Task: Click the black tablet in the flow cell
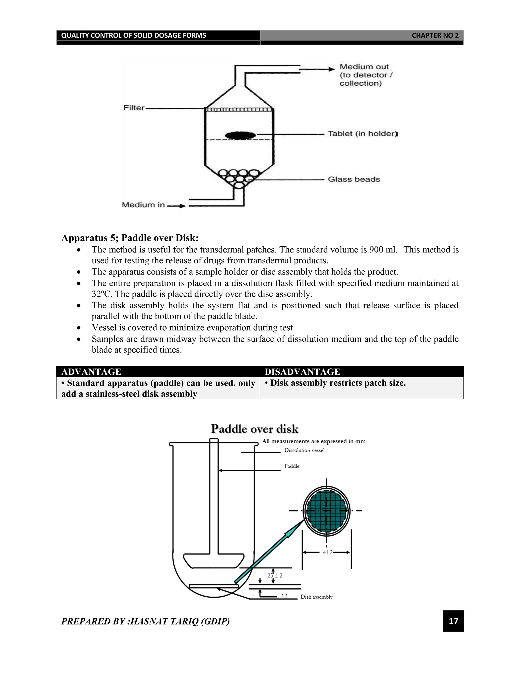click(240, 135)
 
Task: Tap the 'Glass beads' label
click(354, 179)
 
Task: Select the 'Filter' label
click(134, 108)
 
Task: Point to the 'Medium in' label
click(143, 205)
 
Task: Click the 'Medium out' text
click(364, 67)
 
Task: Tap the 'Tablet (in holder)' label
click(362, 134)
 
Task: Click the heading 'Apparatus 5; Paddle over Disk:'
click(130, 238)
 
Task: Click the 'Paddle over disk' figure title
click(254, 429)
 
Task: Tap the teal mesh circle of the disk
click(327, 511)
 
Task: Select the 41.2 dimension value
click(328, 553)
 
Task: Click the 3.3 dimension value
click(284, 596)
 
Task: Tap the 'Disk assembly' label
click(316, 597)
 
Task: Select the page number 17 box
click(453, 621)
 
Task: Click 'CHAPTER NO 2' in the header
click(435, 36)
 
